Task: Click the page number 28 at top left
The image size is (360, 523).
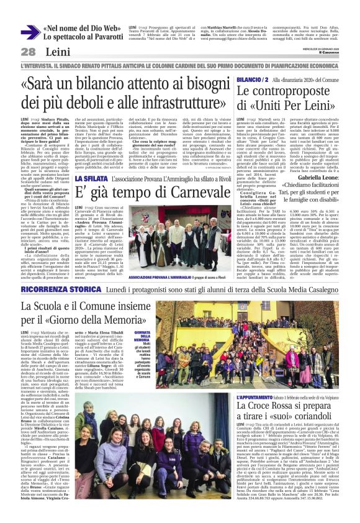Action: tap(28, 51)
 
